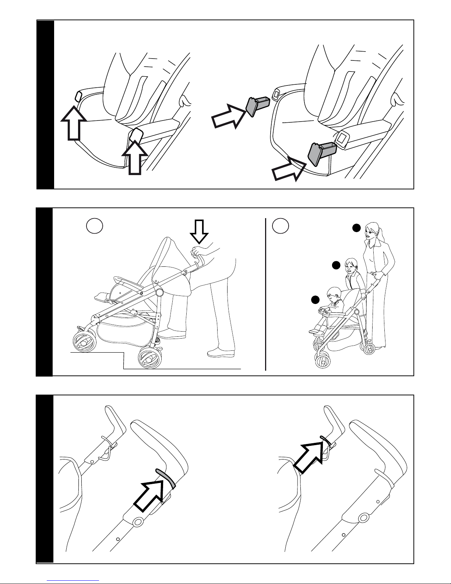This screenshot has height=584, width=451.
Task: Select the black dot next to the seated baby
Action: point(315,300)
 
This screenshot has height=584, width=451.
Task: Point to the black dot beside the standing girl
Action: point(336,265)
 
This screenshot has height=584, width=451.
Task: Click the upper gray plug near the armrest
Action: point(252,107)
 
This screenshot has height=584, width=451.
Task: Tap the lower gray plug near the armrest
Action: point(314,154)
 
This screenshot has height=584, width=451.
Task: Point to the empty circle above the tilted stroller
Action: point(94,225)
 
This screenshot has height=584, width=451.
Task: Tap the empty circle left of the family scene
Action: point(280,225)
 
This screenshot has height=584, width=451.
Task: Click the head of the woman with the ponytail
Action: point(372,232)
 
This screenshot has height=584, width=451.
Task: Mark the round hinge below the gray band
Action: point(138,522)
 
